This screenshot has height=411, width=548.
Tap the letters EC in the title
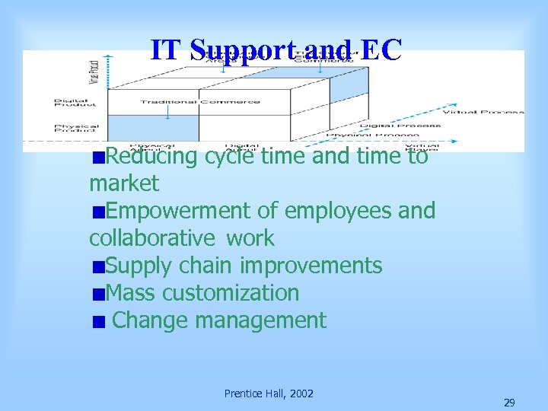point(381,49)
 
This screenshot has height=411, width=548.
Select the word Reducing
point(151,157)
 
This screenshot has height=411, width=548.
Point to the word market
point(124,183)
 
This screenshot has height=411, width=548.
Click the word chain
point(205,266)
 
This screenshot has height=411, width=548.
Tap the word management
point(261,320)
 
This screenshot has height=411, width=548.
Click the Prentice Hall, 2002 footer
point(269,393)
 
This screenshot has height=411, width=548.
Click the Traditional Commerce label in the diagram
point(199,101)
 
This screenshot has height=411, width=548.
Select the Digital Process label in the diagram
point(400,126)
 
